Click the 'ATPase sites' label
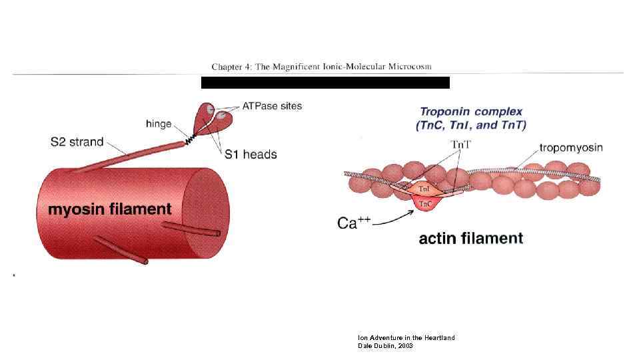pos(271,105)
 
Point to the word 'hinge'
pos(158,123)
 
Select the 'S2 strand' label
pos(77,141)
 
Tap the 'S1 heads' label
pos(250,155)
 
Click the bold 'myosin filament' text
pos(110,209)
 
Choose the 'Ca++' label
pos(353,223)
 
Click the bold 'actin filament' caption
pos(470,238)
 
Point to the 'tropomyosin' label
pos(570,147)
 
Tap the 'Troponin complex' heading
pos(470,112)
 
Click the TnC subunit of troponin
pos(424,203)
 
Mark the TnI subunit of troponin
pos(424,189)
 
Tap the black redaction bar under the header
pos(325,83)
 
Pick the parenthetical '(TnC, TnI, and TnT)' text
pos(470,125)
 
